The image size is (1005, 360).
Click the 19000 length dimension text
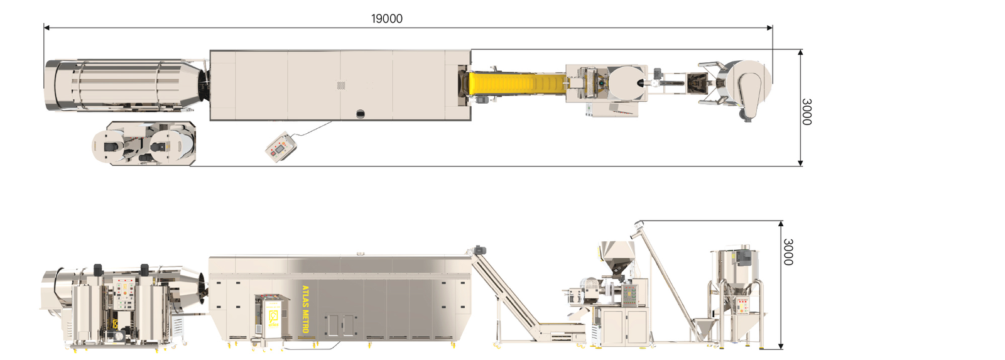coord(387,18)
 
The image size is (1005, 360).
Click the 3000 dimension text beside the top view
coord(807,112)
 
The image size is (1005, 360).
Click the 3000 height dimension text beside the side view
coord(788,252)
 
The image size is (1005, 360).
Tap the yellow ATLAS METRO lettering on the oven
coord(305,309)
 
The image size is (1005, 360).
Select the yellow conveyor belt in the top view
coord(517,83)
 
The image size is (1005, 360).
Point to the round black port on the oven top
coord(361,114)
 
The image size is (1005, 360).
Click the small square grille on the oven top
coord(342,85)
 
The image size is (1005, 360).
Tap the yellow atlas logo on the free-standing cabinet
coord(273,319)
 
